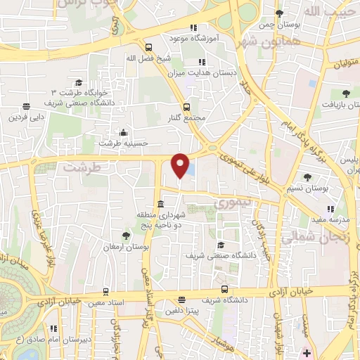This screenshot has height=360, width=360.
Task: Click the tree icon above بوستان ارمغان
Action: [x=126, y=235]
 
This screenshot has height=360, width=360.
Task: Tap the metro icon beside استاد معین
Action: [x=105, y=291]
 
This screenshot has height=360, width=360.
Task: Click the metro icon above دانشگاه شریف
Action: [x=224, y=289]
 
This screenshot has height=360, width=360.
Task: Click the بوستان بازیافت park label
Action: [x=342, y=105]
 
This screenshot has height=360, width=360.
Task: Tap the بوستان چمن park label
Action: [x=278, y=25]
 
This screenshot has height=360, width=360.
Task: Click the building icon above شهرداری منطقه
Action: [x=161, y=203]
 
